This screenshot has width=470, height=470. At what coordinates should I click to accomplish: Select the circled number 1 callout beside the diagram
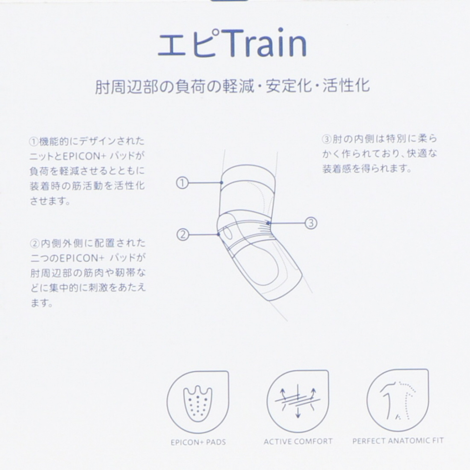click(182, 183)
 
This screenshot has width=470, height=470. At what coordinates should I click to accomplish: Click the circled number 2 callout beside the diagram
click(183, 234)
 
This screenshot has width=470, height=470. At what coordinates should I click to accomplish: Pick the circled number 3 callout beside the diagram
click(311, 223)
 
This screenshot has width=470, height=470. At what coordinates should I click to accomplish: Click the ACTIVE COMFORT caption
click(298, 441)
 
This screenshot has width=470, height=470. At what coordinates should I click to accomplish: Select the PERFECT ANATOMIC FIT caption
click(398, 440)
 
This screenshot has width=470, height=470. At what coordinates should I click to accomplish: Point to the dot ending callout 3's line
click(269, 223)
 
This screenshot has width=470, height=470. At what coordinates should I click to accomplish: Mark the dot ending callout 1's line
click(222, 183)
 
